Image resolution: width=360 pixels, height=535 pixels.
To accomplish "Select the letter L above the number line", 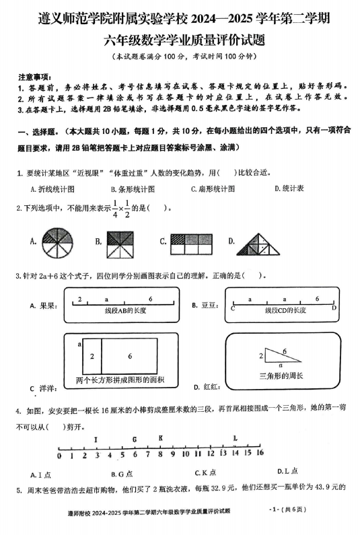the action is (234, 439).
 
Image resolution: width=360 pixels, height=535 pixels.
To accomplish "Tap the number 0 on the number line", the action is (61, 455).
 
